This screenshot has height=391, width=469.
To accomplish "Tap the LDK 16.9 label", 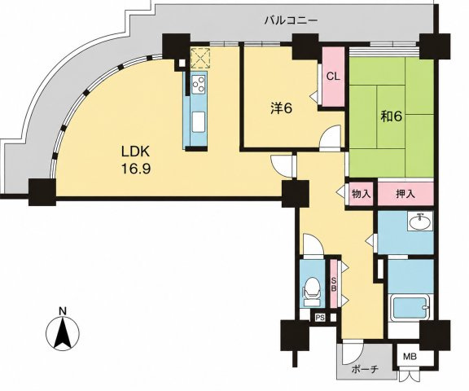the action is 135,160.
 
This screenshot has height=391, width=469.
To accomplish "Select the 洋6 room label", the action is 281,108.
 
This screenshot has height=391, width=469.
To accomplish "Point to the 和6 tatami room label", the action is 391,116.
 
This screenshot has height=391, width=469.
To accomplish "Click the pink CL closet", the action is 333,77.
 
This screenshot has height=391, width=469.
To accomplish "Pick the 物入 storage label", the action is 362,194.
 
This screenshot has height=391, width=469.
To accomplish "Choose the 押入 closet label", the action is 405,194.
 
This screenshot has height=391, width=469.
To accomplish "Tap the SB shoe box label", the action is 334,286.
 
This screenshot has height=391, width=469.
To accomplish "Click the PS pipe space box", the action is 320,318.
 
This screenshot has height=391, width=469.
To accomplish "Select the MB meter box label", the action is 410,356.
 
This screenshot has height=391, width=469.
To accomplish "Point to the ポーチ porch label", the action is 365,369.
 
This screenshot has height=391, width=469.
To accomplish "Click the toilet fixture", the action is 312,291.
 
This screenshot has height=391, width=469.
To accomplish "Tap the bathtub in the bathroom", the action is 410,308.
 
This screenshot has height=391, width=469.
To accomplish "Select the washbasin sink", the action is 420,222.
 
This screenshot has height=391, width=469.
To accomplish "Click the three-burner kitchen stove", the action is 199,84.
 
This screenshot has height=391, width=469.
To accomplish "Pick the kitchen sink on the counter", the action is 199,121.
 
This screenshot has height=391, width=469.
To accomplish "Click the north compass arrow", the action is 63,332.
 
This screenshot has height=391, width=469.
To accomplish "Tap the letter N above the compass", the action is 63,311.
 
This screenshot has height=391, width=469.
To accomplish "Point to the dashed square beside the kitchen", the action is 200,58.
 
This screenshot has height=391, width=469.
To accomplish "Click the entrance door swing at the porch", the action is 353,352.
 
